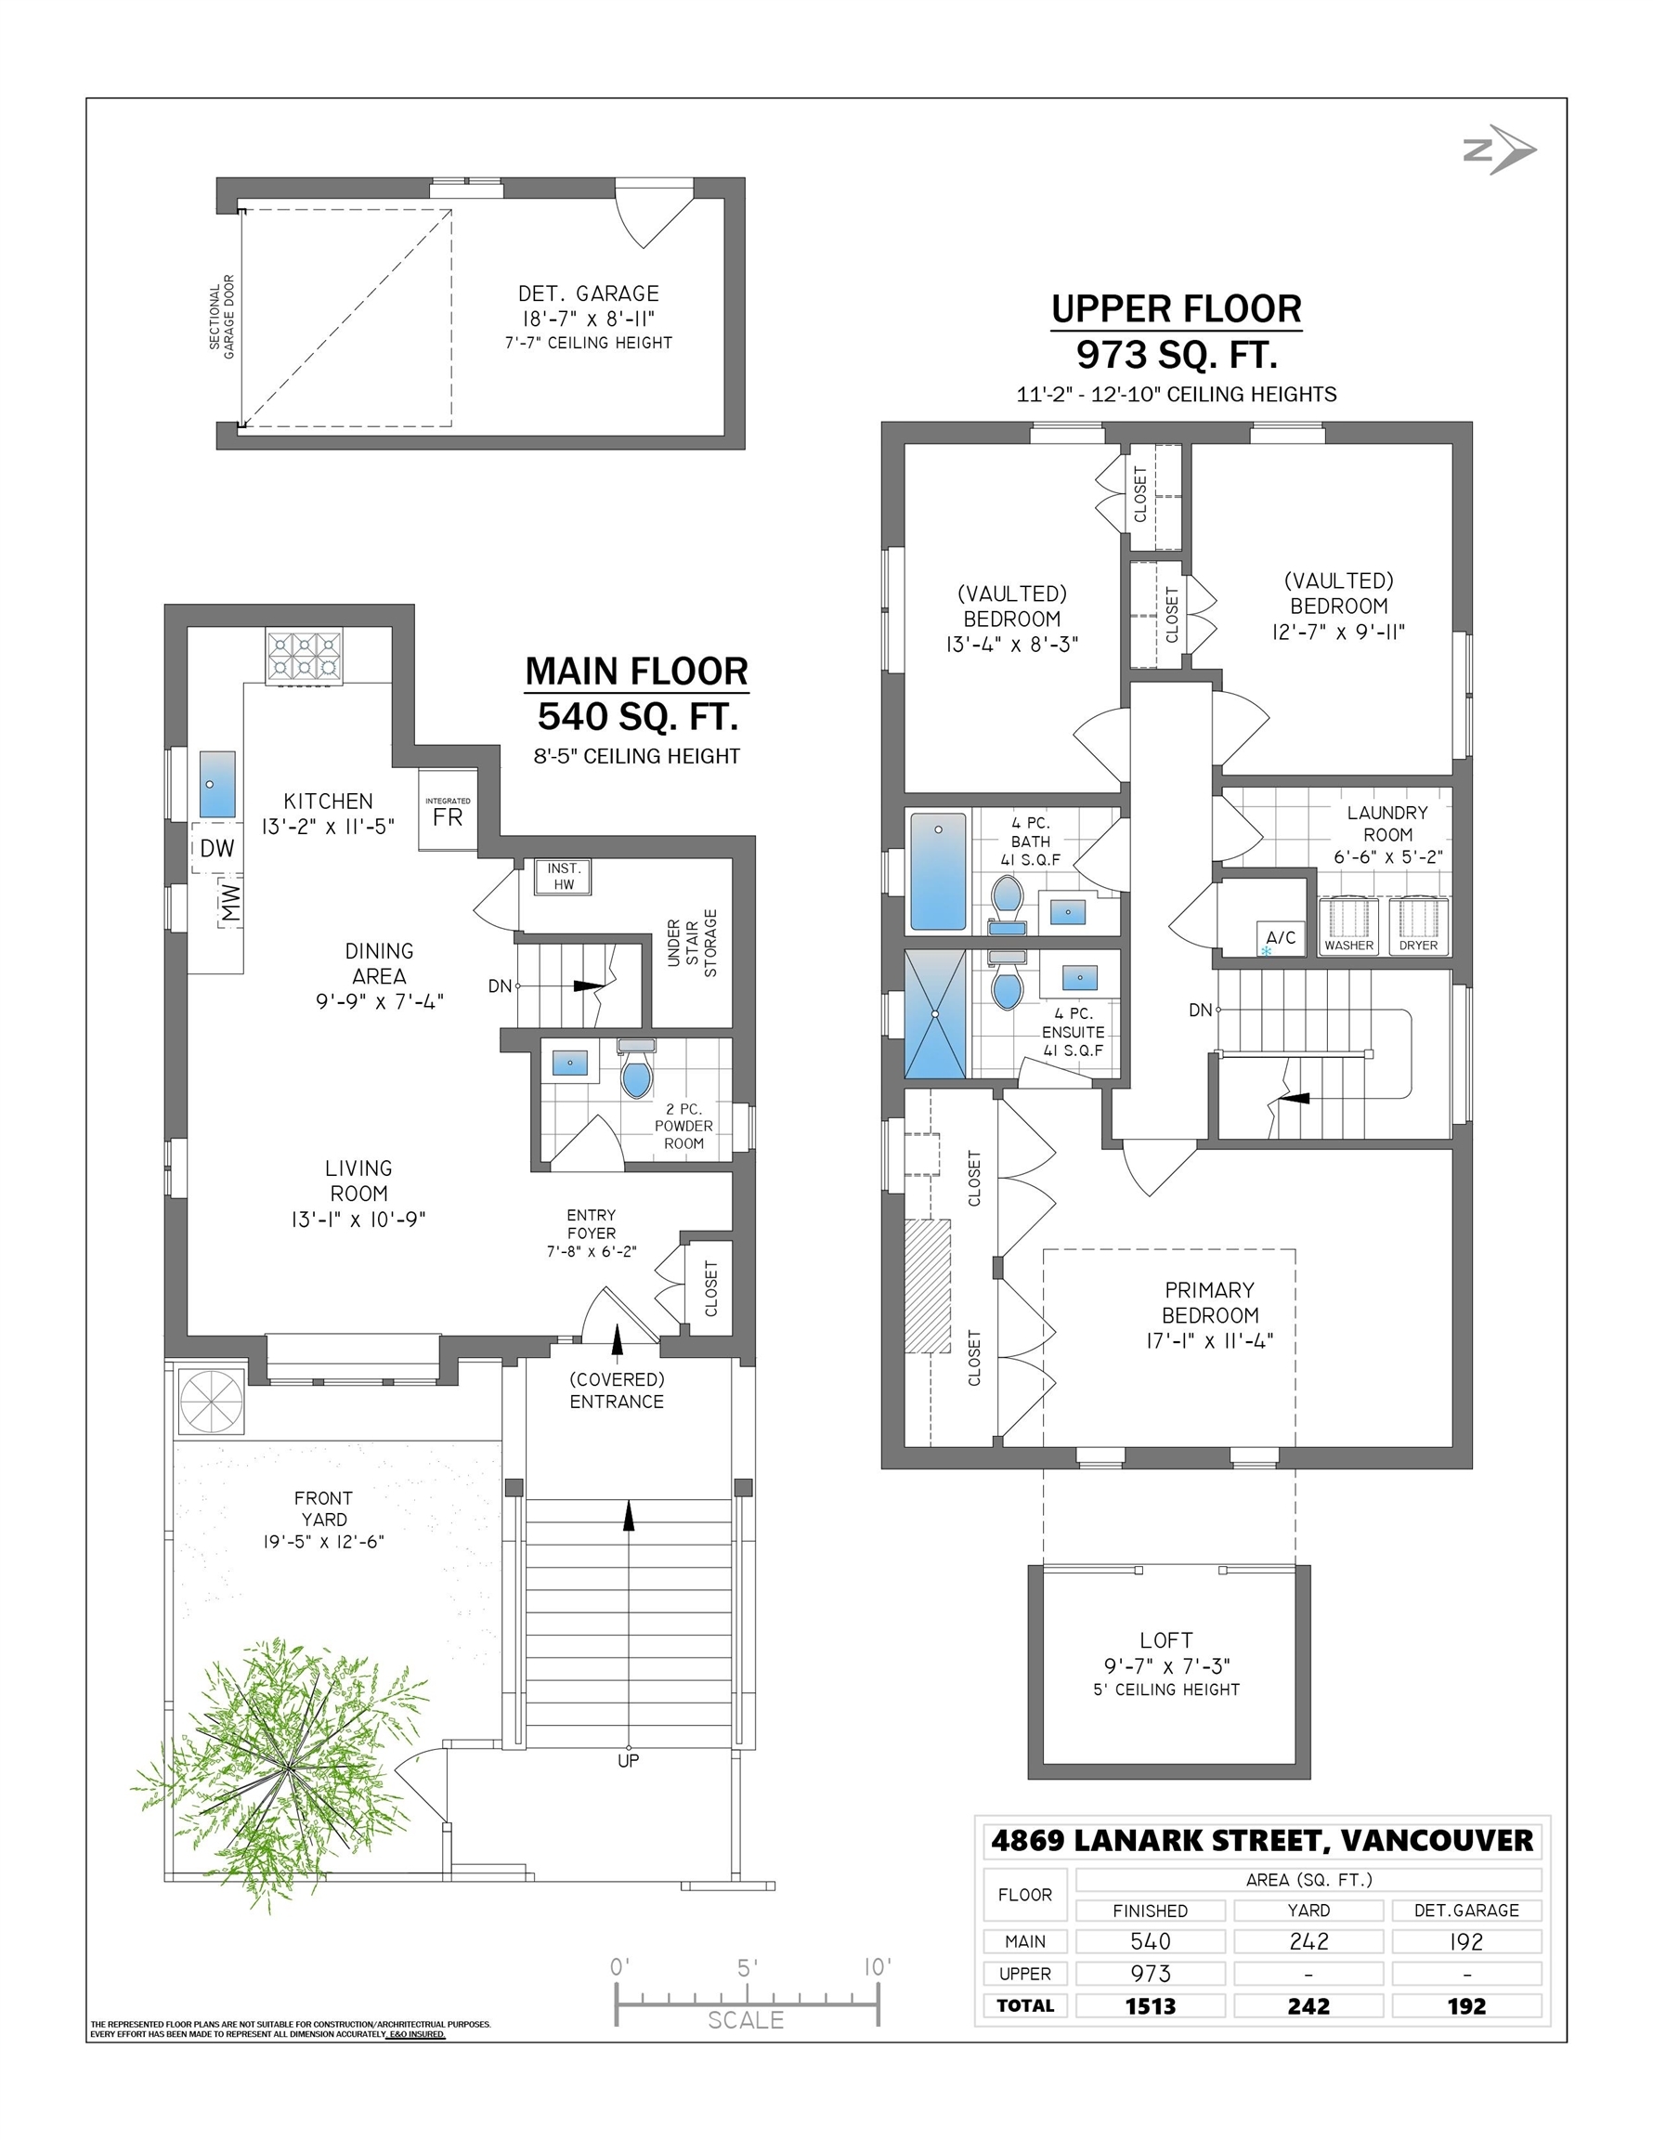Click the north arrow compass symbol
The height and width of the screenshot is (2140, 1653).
1500,150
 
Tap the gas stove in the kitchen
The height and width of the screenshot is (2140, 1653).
304,656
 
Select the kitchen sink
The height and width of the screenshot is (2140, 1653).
217,784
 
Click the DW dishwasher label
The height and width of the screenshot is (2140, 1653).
216,849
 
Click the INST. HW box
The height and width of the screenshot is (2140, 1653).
564,877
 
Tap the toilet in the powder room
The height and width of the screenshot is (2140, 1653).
637,1070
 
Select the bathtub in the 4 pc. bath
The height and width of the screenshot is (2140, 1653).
938,870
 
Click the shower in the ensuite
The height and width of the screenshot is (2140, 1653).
936,1013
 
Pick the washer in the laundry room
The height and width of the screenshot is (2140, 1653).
1349,925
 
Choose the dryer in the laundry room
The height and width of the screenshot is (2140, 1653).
1418,925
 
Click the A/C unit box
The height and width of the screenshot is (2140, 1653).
1281,939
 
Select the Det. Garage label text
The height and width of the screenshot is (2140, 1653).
588,294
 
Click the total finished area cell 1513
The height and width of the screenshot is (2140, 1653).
1151,2005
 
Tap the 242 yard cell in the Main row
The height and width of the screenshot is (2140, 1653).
1308,1941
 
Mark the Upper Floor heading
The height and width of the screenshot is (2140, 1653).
1176,308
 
